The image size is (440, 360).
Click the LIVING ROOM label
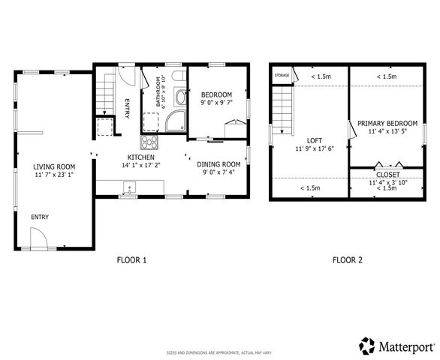coord(55,166)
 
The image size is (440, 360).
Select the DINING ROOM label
coord(218,164)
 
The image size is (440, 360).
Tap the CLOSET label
coord(387,174)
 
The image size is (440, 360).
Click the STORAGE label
coord(282,76)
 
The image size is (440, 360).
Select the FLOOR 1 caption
coord(131,260)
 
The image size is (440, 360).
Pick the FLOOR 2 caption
coord(348,260)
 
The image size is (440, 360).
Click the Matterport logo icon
coord(367,346)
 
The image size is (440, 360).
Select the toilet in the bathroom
coord(177,79)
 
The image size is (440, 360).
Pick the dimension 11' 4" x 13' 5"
coord(387,132)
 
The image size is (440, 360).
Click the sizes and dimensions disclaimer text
coord(219,352)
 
